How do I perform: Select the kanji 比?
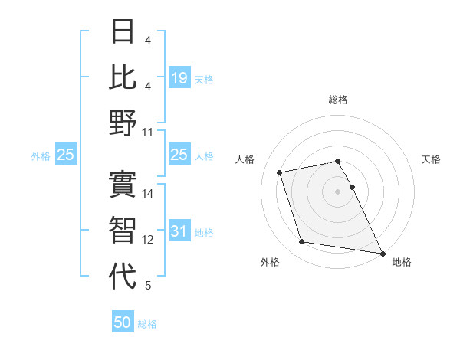(123, 77)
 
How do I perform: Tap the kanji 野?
(123, 123)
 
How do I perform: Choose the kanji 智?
(123, 231)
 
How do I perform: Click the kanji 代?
(123, 276)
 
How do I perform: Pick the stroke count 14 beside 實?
(149, 195)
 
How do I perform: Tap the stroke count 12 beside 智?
(149, 240)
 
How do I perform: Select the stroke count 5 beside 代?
(148, 286)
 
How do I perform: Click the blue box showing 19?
(179, 77)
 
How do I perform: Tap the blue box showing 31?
(179, 232)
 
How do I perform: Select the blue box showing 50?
(123, 322)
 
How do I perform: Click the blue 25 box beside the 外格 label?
(66, 155)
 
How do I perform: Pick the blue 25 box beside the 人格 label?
(179, 155)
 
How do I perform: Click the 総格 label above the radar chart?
(338, 100)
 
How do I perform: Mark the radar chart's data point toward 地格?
(383, 254)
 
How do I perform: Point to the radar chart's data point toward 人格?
(280, 172)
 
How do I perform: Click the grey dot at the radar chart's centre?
(338, 191)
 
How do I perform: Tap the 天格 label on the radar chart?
(432, 159)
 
